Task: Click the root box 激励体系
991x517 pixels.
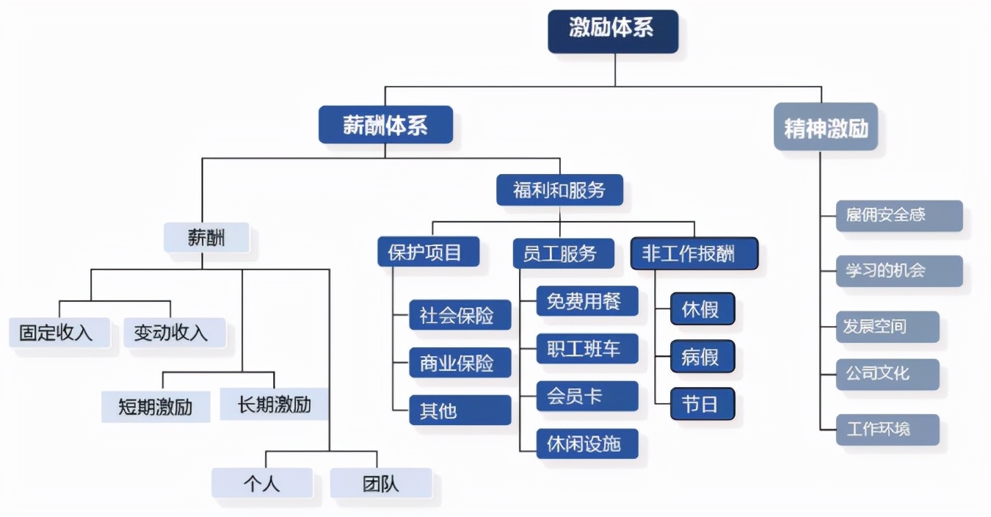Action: pos(612,31)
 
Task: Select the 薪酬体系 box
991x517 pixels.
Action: pos(385,125)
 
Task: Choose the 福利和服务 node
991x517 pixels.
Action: pos(559,190)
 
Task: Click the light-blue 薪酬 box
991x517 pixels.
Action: pos(206,238)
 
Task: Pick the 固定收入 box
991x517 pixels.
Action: pos(59,333)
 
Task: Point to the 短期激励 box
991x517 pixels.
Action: pos(155,406)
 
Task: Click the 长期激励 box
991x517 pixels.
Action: pos(274,404)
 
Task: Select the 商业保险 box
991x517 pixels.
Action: pos(460,363)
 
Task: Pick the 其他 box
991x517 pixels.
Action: pos(460,411)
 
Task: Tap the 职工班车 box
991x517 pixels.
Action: pos(587,348)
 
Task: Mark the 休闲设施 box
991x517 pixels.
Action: pos(587,444)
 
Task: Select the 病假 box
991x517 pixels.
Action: pos(702,357)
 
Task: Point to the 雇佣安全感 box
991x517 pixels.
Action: pos(899,215)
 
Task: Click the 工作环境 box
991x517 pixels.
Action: pos(887,429)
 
